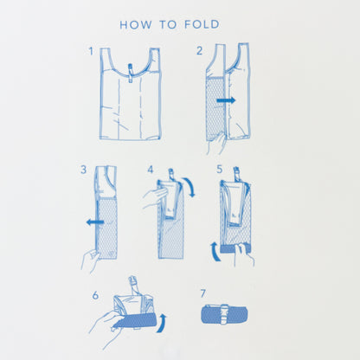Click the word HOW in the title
coord(136,25)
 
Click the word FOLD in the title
coord(202,25)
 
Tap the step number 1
coord(91,51)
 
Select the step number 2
coord(199,51)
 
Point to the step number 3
coord(83,170)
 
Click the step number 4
coord(151,170)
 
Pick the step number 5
coord(220,170)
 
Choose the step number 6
coord(95,295)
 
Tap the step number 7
coord(203,293)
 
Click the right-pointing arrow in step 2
coord(226,100)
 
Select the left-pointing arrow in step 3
coord(95,222)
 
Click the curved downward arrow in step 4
coord(190,187)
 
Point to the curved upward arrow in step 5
coord(215,252)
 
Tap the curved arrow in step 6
coord(162,324)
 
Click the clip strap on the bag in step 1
coord(130,73)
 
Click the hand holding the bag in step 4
coord(155,197)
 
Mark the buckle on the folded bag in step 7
coord(224,314)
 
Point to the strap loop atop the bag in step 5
coord(237,174)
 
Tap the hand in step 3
coord(90,260)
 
